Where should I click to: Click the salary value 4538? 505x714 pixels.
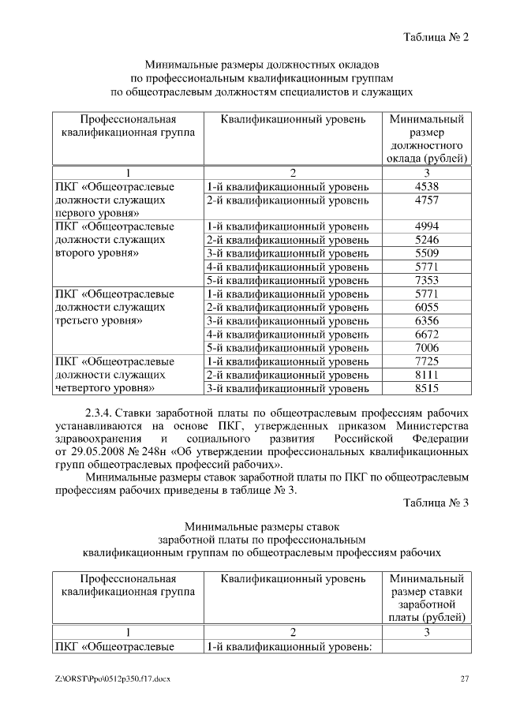pyautogui.click(x=426, y=187)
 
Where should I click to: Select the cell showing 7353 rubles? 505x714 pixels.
pyautogui.click(x=426, y=281)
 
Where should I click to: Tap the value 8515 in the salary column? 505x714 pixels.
pyautogui.click(x=426, y=388)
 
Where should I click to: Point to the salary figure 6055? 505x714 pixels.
pyautogui.click(x=426, y=308)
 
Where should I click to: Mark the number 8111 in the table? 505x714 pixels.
pyautogui.click(x=426, y=375)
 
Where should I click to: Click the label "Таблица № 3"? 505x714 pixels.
pyautogui.click(x=436, y=503)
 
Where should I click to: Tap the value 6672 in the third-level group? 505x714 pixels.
pyautogui.click(x=426, y=335)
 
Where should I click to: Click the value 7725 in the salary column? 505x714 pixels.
pyautogui.click(x=426, y=361)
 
